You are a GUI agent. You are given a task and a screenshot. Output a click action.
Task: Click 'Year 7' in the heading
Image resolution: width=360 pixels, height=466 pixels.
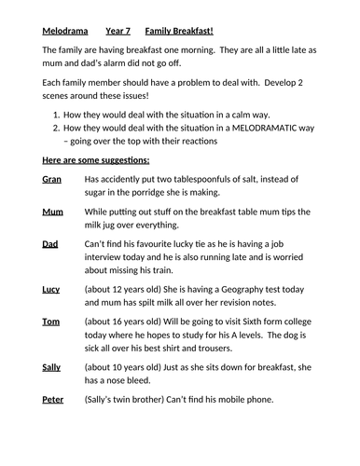click(x=118, y=32)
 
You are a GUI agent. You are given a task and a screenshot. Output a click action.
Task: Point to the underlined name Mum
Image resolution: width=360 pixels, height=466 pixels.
click(x=52, y=213)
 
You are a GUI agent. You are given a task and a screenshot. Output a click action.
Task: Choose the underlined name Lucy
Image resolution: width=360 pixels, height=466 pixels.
click(x=51, y=290)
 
